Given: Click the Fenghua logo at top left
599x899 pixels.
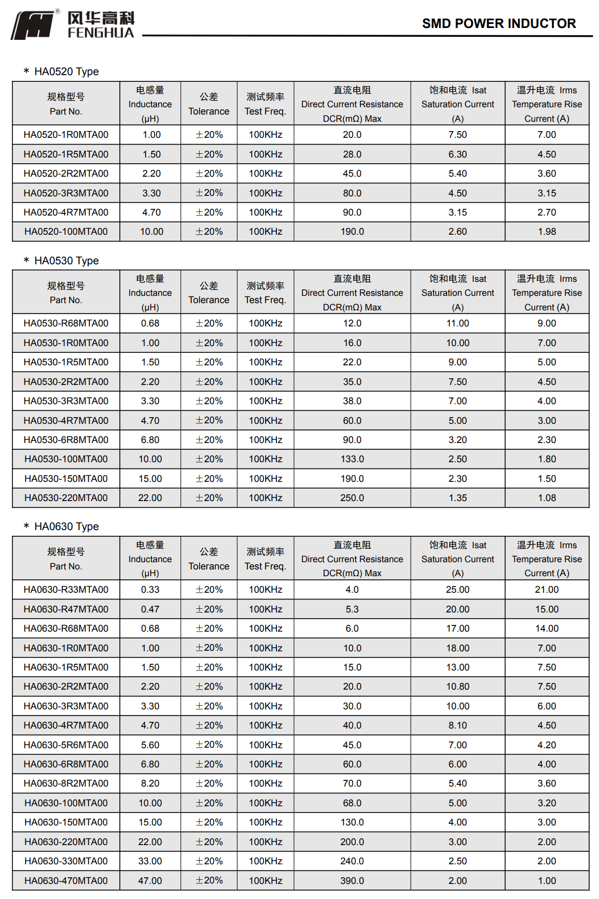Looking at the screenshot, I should (73, 24).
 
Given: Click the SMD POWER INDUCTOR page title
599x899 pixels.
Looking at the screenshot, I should (498, 23).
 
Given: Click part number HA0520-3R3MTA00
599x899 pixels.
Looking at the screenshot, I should (66, 193).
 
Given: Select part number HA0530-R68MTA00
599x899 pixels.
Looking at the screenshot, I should (66, 323).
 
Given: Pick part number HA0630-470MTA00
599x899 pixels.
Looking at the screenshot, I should (66, 880).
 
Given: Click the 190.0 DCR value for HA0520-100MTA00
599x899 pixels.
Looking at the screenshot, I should (352, 232).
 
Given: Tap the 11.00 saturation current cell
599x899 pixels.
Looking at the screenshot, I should (457, 323).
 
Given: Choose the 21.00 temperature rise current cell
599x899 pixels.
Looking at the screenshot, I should (547, 590).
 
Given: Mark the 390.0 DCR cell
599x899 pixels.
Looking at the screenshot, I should (352, 880).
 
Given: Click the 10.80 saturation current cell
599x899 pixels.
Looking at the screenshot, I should (457, 687).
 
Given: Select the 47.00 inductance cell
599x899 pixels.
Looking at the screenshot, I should (150, 880).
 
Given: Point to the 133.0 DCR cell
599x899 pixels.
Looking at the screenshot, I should (352, 459).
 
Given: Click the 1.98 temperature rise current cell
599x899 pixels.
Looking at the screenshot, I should (547, 232).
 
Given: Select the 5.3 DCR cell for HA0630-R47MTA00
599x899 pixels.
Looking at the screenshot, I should (352, 609).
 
